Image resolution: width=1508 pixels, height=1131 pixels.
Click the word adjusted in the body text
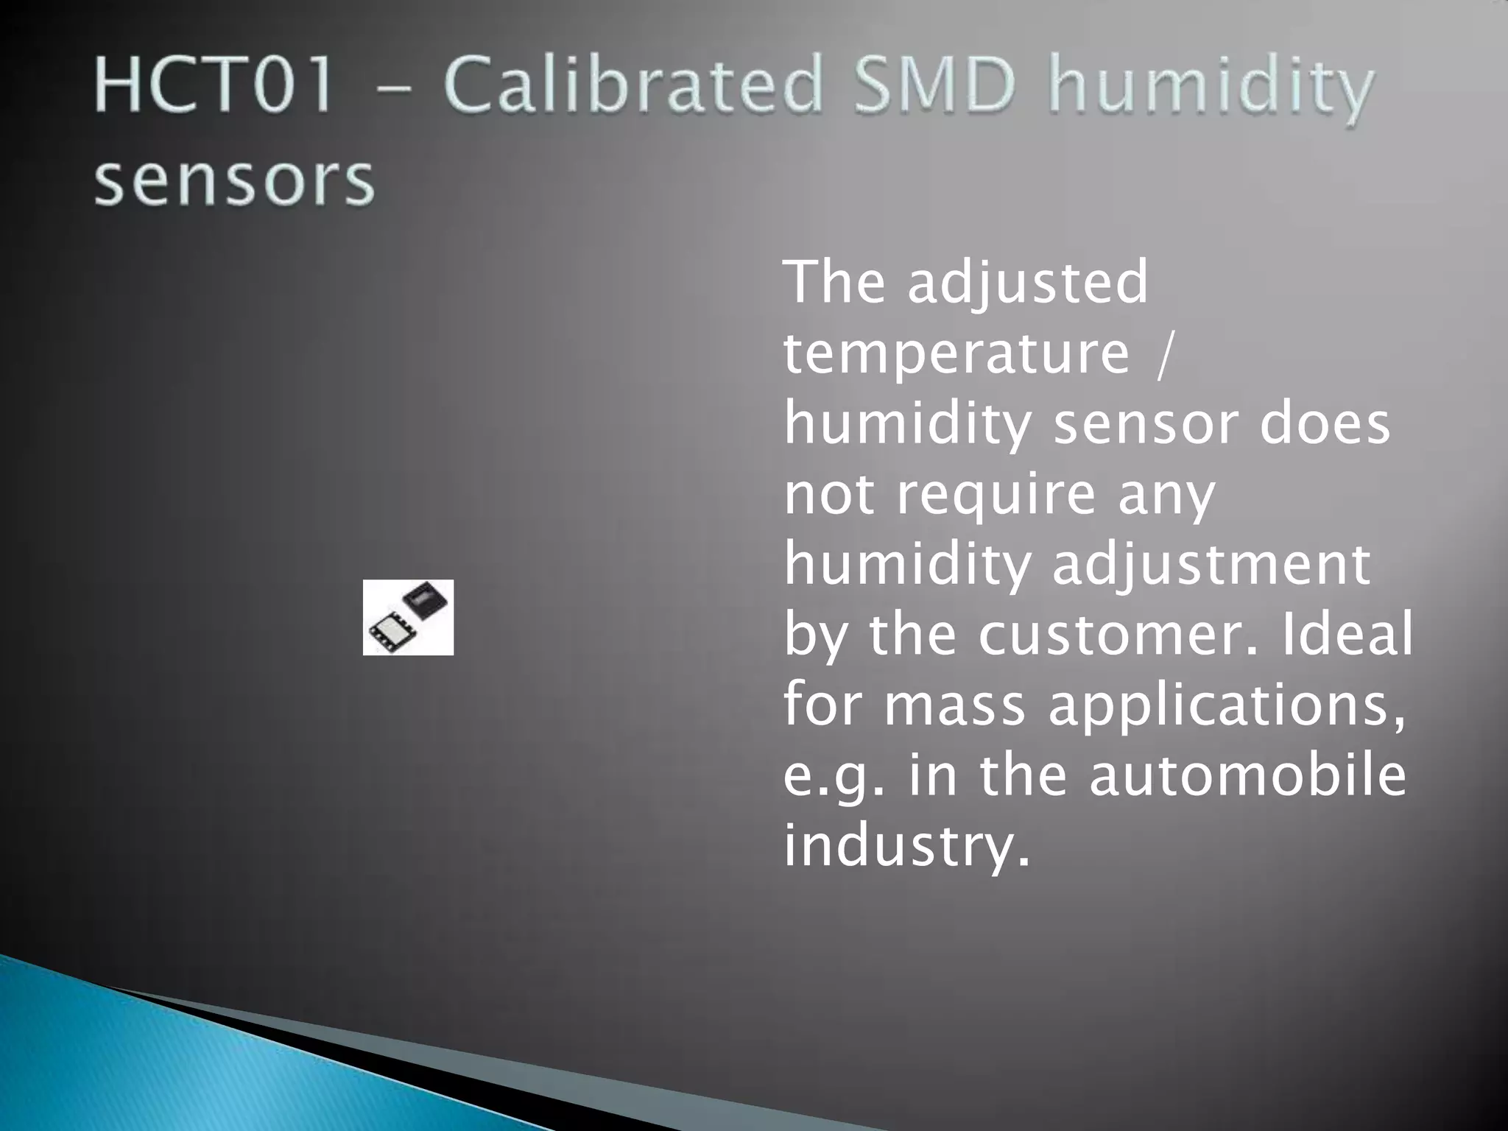pos(1027,283)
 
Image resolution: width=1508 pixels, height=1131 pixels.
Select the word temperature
pos(956,353)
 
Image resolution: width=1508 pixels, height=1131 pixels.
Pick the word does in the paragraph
pos(1325,424)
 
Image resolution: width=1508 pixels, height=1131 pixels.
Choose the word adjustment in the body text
pos(1211,565)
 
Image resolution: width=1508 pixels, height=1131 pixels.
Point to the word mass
pos(954,705)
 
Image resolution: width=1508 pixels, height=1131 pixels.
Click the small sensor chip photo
pos(408,617)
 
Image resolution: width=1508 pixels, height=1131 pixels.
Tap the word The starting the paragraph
pos(834,283)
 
